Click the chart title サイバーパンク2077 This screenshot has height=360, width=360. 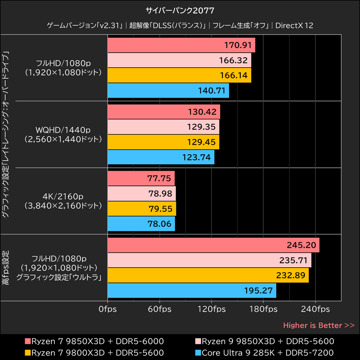point(180,9)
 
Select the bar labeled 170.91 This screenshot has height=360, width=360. point(181,45)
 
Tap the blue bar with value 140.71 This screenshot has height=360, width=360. point(168,90)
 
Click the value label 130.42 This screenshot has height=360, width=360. point(203,112)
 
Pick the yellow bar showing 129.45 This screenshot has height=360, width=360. point(163,142)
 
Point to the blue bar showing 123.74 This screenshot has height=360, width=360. point(161,157)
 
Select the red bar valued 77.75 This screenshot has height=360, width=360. point(141,179)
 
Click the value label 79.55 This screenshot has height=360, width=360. point(159,208)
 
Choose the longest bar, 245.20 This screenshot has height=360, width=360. point(213,245)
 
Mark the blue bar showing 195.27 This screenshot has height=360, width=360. point(192,290)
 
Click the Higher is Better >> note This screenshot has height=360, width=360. point(319,325)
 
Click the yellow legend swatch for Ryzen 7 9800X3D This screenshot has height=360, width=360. point(27,352)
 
